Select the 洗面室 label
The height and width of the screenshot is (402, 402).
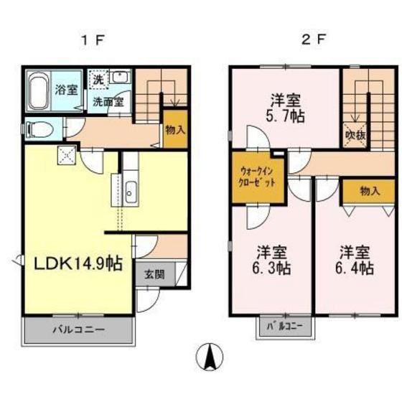[x=108, y=101]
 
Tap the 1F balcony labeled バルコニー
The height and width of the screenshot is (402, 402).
[x=78, y=331]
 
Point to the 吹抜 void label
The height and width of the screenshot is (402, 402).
[x=355, y=134]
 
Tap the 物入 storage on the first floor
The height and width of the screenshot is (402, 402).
[x=175, y=130]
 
